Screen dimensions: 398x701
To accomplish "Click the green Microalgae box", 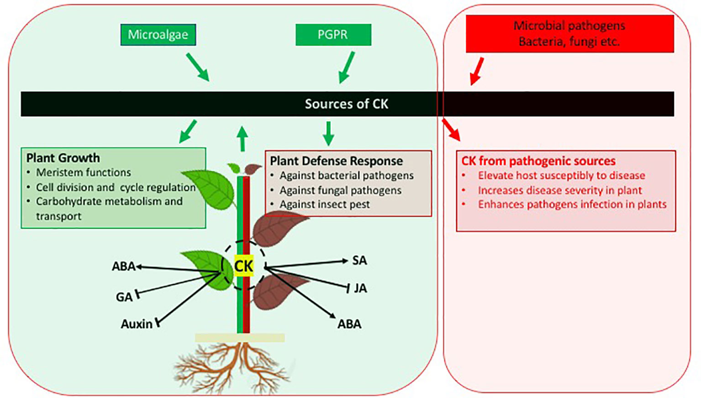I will [x=158, y=35].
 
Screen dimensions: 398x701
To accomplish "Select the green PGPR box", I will [x=333, y=35].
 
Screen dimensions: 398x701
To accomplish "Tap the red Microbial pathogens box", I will [x=569, y=34].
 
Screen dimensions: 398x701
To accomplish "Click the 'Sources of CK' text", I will [x=346, y=104].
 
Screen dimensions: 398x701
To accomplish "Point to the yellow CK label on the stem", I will [x=243, y=266].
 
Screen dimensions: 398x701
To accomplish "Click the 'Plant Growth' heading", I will [x=63, y=158].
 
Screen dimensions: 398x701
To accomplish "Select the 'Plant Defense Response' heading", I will [x=336, y=161].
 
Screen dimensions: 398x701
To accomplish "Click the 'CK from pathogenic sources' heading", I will [x=538, y=161].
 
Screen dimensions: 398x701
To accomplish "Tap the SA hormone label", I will [x=359, y=261].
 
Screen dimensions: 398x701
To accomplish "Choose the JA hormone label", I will [x=360, y=288].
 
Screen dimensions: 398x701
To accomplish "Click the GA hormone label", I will [x=124, y=297].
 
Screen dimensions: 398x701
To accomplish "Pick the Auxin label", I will [x=137, y=324].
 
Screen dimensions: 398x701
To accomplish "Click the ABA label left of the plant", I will [x=124, y=266].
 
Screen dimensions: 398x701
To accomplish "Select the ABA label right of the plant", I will [x=349, y=324].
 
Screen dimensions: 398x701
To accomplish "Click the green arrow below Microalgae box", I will [x=197, y=67].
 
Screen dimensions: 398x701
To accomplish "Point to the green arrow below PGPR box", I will [x=347, y=68].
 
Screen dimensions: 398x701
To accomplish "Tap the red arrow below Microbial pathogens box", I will [x=477, y=71].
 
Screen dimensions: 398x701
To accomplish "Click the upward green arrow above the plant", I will [x=242, y=138].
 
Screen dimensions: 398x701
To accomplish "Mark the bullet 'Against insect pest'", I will [x=324, y=204].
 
